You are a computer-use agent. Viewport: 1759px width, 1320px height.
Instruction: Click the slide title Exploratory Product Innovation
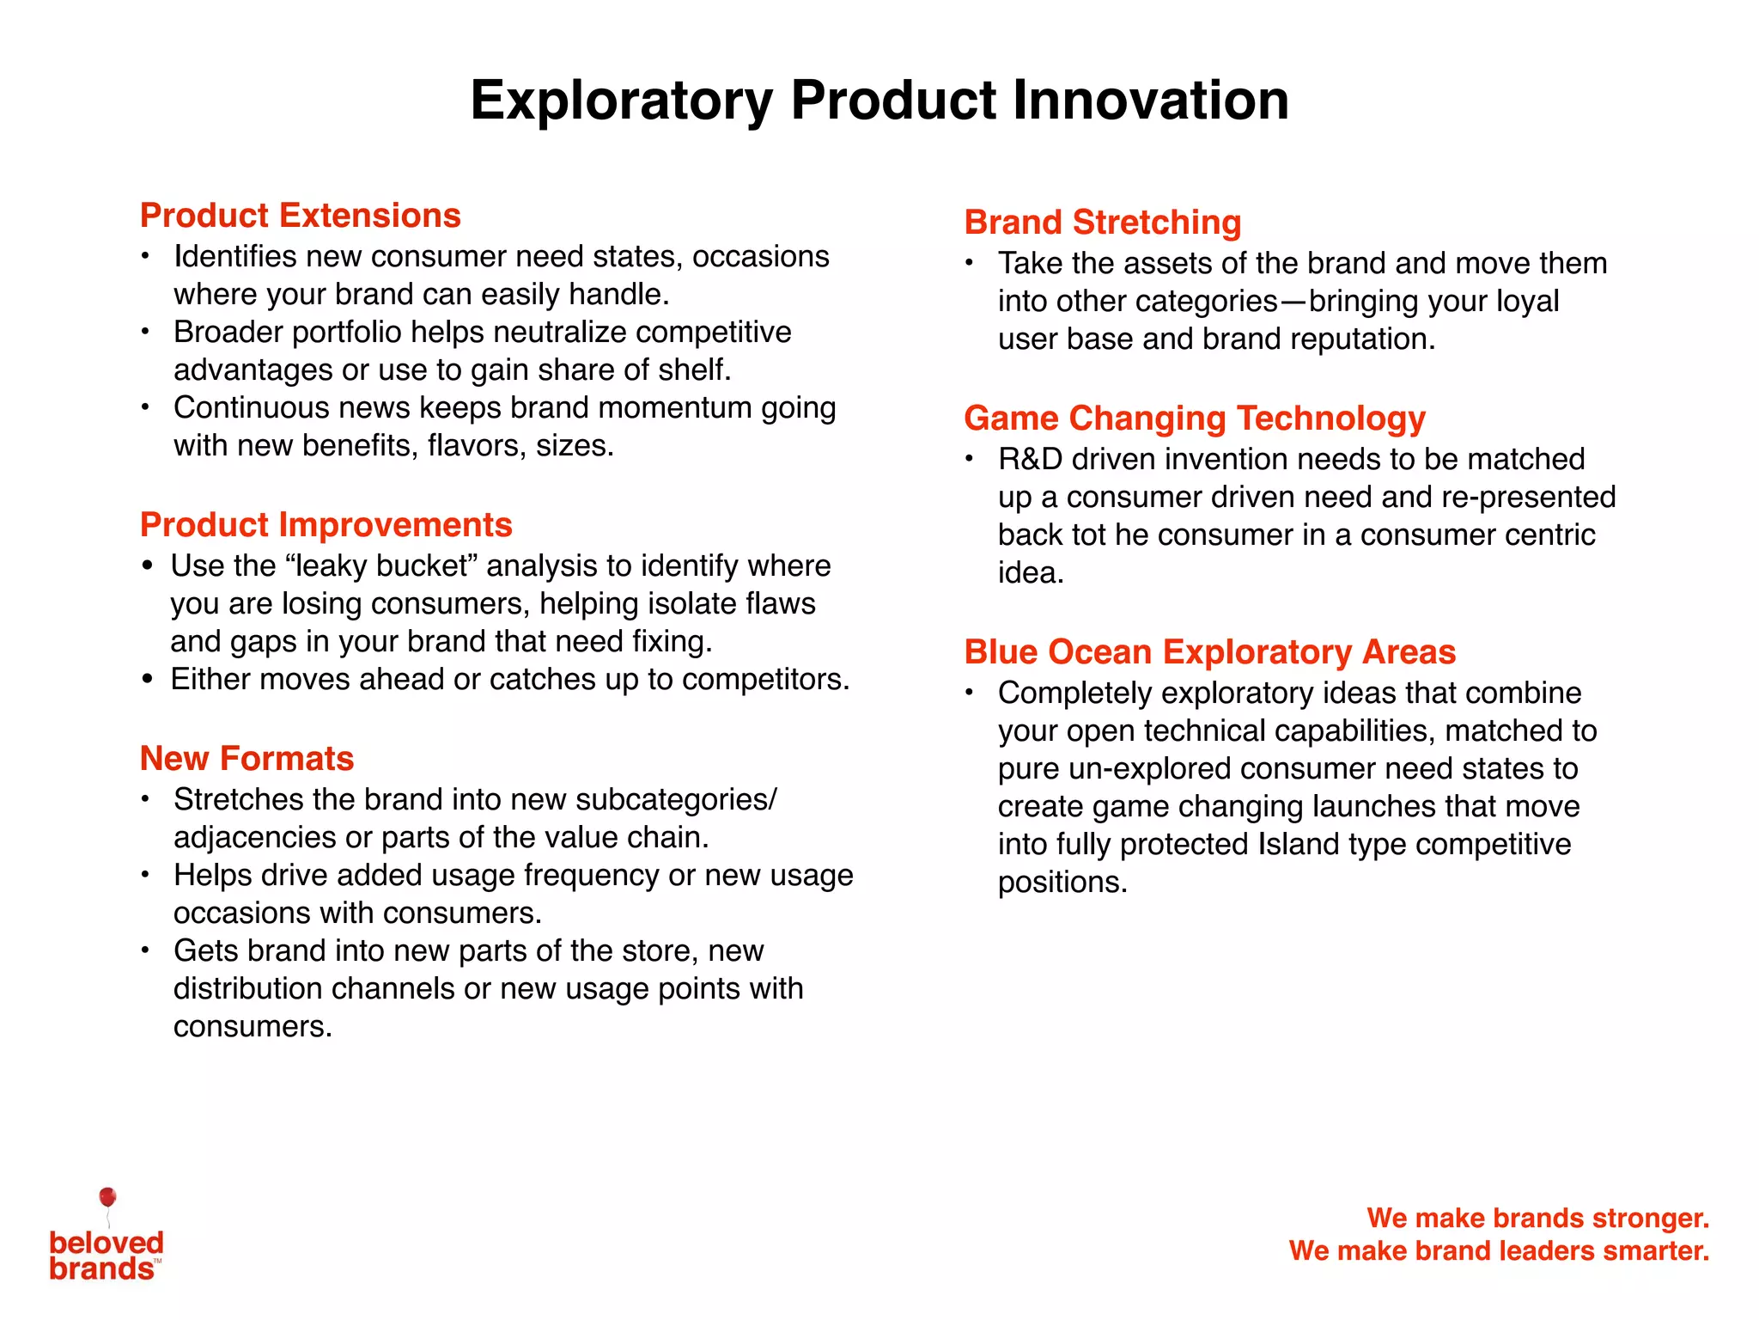coord(879,101)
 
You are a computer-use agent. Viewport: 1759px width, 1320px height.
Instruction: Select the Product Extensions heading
coord(301,216)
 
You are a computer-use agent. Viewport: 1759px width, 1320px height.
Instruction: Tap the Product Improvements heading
coord(326,525)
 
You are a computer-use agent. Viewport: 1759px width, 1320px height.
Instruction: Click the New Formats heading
coord(247,759)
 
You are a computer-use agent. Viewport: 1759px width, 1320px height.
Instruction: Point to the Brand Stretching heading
coord(1103,223)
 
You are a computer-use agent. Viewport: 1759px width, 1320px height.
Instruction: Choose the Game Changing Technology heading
coord(1195,419)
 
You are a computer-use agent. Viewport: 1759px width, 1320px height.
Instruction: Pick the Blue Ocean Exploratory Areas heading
coord(1210,652)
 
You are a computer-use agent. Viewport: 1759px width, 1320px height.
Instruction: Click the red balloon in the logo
coord(107,1197)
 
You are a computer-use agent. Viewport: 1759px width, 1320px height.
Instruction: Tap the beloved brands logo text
coord(106,1256)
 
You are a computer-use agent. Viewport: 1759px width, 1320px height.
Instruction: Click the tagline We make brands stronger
coord(1537,1218)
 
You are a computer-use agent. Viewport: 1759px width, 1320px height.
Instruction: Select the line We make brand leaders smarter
coord(1499,1250)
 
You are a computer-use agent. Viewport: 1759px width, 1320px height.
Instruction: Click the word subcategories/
coord(676,800)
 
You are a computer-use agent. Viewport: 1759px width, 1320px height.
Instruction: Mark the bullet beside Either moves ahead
coord(148,680)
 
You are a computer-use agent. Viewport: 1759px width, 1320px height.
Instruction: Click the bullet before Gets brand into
coord(146,950)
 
